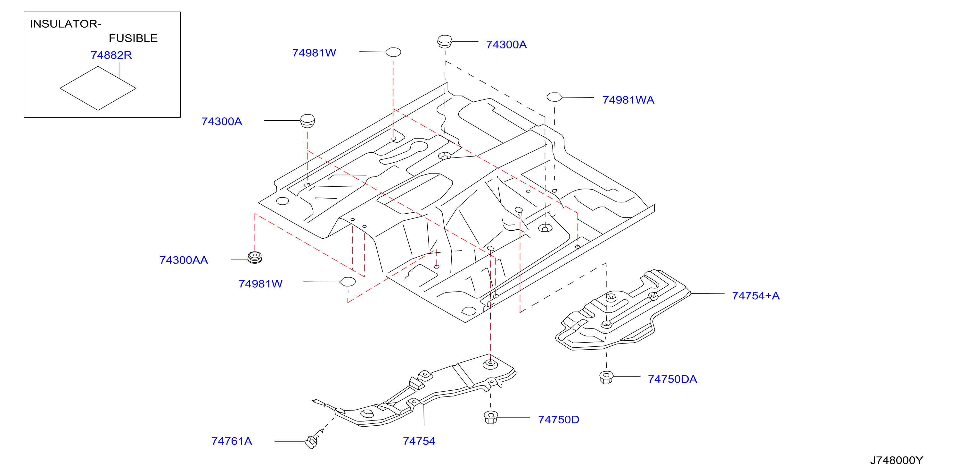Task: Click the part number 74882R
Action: [x=111, y=55]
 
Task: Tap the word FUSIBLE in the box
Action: [x=133, y=38]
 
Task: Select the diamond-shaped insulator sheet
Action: [x=98, y=89]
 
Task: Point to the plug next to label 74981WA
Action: [x=554, y=97]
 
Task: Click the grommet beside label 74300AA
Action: [x=255, y=257]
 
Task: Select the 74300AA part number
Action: [x=184, y=260]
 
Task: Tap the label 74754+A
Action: [x=755, y=296]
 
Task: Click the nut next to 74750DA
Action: [x=606, y=377]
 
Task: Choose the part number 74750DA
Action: [x=672, y=379]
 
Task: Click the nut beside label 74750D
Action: [x=490, y=417]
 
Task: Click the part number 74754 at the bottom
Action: [x=419, y=441]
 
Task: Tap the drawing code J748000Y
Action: [x=896, y=460]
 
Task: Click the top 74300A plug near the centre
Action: [x=444, y=41]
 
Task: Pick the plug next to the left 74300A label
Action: [x=308, y=121]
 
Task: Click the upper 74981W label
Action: [x=314, y=53]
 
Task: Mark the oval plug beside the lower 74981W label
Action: [x=347, y=282]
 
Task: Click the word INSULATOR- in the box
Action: [x=65, y=24]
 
